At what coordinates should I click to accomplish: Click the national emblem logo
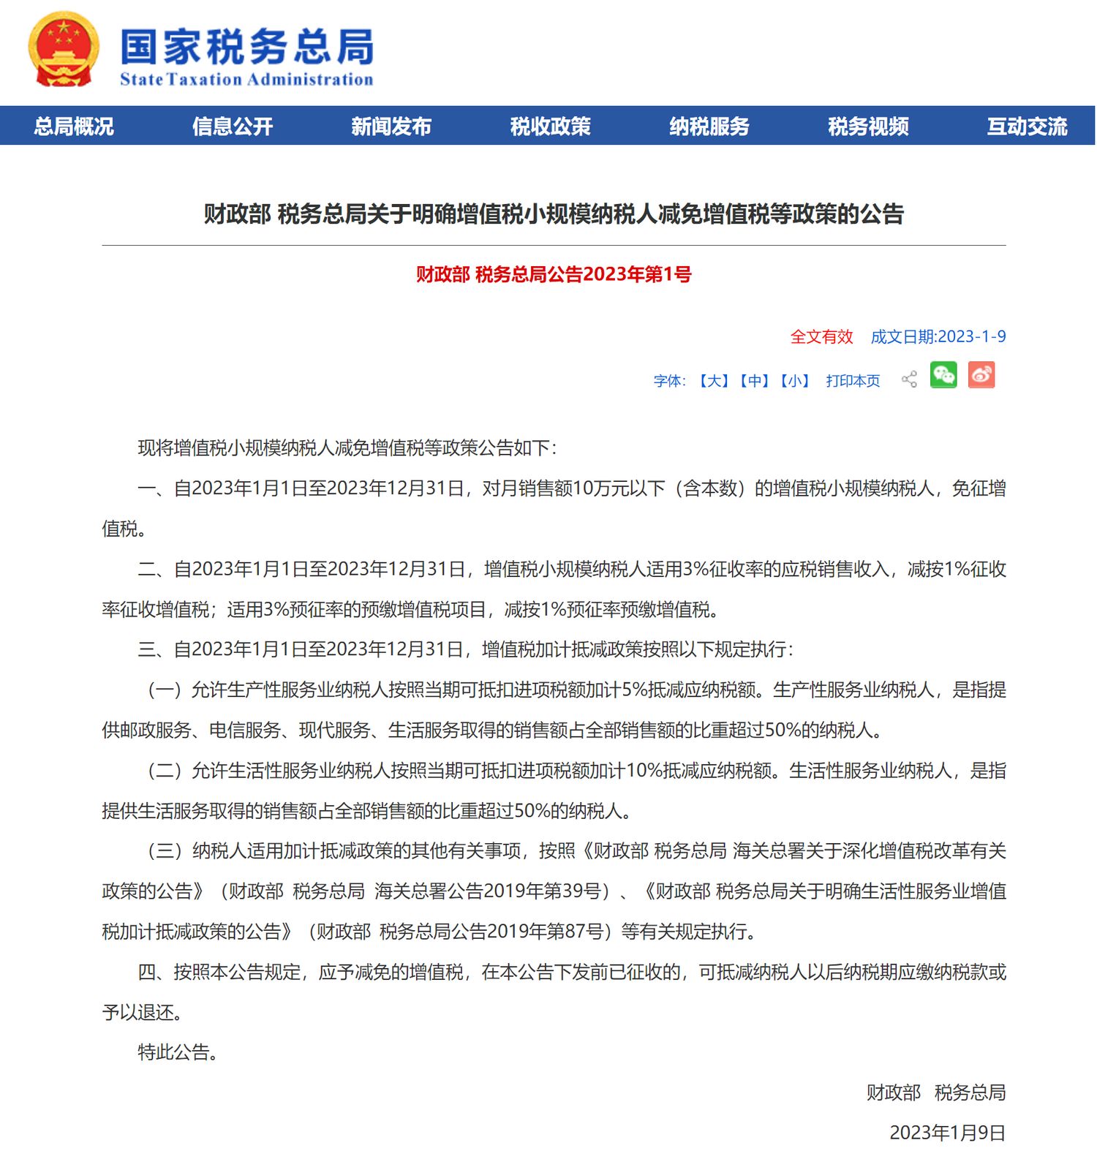pyautogui.click(x=64, y=50)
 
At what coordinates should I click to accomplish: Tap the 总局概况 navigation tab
pyautogui.click(x=74, y=127)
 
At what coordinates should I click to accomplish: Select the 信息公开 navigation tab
pyautogui.click(x=233, y=127)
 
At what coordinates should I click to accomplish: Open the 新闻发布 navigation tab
pyautogui.click(x=391, y=127)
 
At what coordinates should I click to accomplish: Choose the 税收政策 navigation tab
pyautogui.click(x=550, y=127)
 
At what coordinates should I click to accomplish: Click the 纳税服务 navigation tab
pyautogui.click(x=709, y=127)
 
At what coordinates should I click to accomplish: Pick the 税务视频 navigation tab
pyautogui.click(x=868, y=127)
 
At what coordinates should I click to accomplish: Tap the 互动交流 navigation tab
pyautogui.click(x=1027, y=127)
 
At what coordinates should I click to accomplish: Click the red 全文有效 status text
pyautogui.click(x=821, y=337)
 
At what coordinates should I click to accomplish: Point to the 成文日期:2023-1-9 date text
pyautogui.click(x=938, y=337)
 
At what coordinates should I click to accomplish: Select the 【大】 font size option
pyautogui.click(x=714, y=381)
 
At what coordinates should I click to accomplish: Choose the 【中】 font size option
pyautogui.click(x=754, y=381)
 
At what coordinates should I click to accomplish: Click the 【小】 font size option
pyautogui.click(x=794, y=381)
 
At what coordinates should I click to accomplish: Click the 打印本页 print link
pyautogui.click(x=853, y=381)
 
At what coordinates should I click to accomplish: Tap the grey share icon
pyautogui.click(x=909, y=379)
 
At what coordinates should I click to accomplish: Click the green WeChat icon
pyautogui.click(x=943, y=375)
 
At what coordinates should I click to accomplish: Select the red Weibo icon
pyautogui.click(x=981, y=375)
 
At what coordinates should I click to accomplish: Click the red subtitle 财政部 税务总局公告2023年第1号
pyautogui.click(x=554, y=275)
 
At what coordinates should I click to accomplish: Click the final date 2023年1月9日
pyautogui.click(x=947, y=1133)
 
